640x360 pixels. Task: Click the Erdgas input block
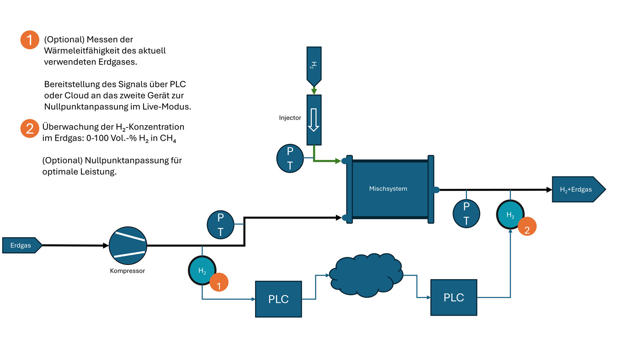22,245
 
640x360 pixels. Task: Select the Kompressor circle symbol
128,245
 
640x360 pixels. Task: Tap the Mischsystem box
390,189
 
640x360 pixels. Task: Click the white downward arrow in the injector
314,120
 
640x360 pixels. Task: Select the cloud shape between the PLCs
366,275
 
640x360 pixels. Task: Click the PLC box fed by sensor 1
278,299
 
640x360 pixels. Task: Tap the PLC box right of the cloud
453,297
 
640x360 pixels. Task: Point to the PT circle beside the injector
290,159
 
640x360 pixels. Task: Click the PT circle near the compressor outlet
220,225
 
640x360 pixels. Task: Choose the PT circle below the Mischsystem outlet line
466,213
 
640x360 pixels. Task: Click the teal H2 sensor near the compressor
202,270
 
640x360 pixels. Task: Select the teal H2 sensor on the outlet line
510,214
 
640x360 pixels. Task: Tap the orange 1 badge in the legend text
30,40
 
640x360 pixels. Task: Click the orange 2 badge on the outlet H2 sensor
527,227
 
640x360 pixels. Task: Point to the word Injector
290,117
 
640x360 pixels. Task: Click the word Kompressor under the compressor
128,270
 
